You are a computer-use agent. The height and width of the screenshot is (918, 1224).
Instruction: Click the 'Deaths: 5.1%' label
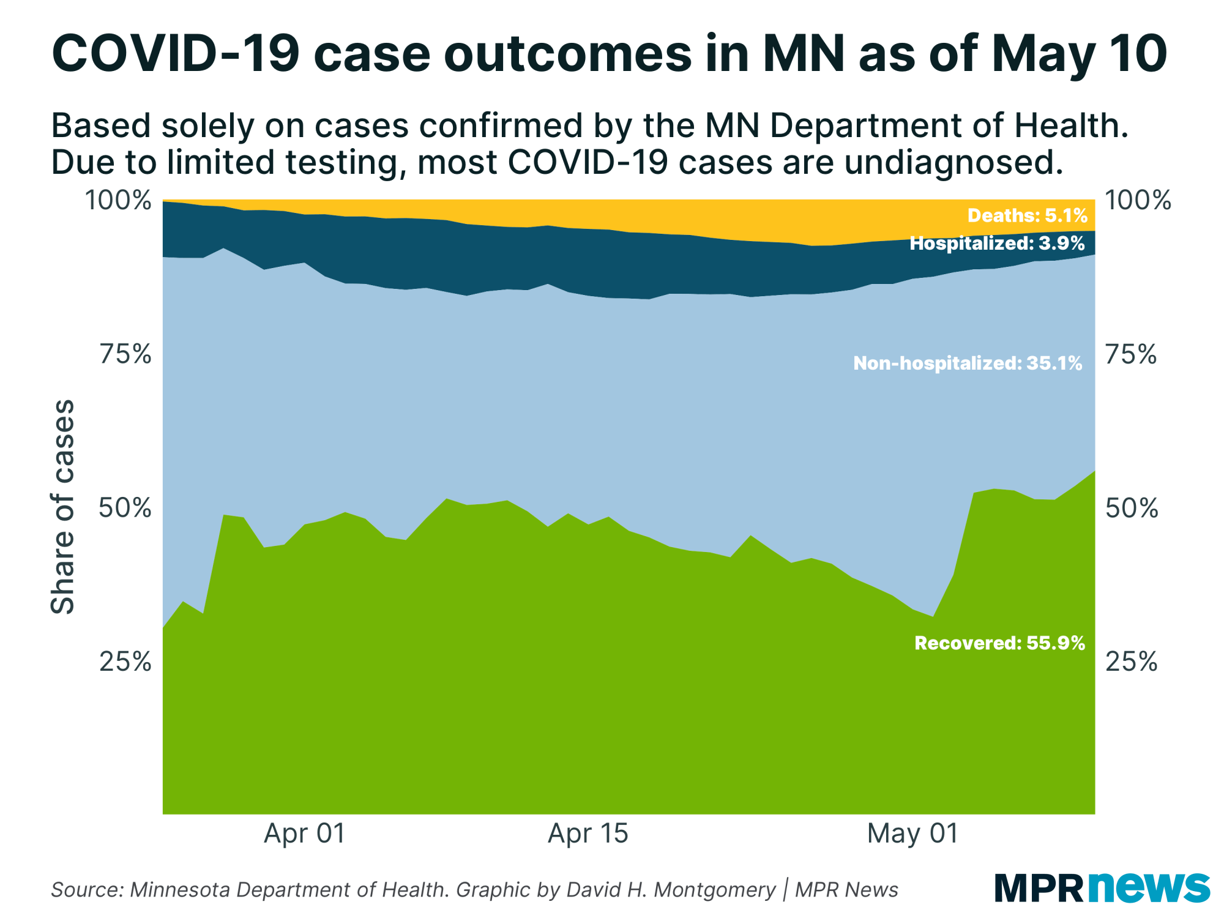click(1027, 215)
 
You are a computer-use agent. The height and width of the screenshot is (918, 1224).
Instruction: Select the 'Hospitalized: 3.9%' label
click(997, 244)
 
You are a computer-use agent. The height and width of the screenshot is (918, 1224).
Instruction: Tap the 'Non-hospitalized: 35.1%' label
click(968, 364)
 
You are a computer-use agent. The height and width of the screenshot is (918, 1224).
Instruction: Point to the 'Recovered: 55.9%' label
click(999, 643)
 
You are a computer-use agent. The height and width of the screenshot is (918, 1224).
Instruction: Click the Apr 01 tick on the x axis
click(305, 834)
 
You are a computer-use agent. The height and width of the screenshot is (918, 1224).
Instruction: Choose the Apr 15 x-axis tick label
click(588, 834)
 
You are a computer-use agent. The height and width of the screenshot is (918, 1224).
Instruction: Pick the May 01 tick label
click(912, 834)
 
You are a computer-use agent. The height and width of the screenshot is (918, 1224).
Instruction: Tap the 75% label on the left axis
click(125, 354)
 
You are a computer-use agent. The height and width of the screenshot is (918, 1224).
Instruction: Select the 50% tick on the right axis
click(1132, 509)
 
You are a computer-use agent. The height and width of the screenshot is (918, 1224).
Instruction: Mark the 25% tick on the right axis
click(1132, 662)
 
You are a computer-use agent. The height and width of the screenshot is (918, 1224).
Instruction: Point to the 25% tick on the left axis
click(125, 662)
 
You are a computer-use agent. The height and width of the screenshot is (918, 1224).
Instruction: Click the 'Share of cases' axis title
click(62, 507)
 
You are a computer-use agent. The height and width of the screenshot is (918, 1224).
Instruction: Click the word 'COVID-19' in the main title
click(176, 54)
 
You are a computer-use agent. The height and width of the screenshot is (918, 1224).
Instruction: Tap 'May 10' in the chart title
click(1080, 54)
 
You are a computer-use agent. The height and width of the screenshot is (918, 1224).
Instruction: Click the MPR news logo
click(1102, 887)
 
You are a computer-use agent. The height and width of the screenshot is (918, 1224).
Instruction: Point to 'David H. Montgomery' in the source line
click(671, 890)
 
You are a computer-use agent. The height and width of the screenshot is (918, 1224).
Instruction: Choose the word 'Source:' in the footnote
click(88, 890)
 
